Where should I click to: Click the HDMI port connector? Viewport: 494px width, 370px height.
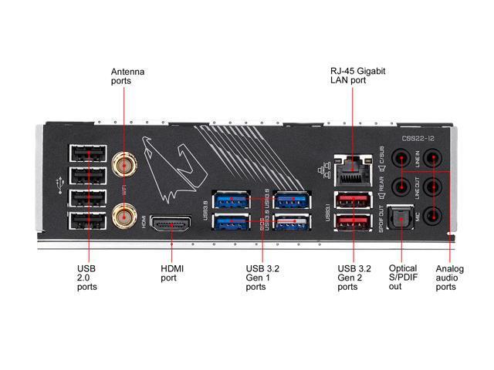171,225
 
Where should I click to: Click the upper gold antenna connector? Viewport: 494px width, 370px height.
123,163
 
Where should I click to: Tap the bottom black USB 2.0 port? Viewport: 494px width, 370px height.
87,224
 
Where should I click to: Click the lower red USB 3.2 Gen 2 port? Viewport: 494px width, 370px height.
352,226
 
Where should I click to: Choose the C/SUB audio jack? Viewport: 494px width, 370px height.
400,159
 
